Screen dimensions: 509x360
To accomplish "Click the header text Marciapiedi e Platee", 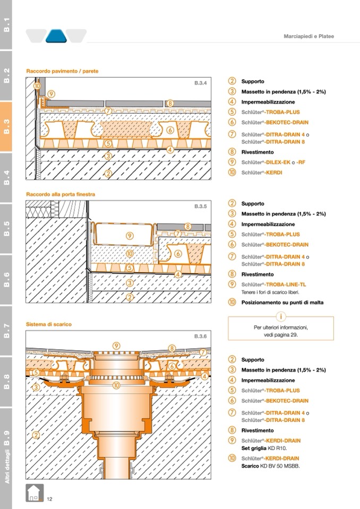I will [x=308, y=36].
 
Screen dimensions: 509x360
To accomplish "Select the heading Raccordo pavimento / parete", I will [x=62, y=71].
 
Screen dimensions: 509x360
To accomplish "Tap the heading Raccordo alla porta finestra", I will [x=61, y=195].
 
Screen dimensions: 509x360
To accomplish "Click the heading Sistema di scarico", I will [x=49, y=324].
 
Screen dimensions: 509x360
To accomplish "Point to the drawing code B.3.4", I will [x=200, y=83].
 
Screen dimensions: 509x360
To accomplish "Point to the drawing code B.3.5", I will [x=200, y=205].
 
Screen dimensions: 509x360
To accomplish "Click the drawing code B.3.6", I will [x=200, y=337].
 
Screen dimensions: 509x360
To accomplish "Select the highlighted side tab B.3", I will [x=6, y=127].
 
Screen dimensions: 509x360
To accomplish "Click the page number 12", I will [x=49, y=498].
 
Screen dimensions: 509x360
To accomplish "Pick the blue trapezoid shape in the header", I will [x=56, y=36].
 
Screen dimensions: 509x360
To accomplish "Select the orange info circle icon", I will [x=281, y=317].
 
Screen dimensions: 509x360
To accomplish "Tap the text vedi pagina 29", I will [x=281, y=335].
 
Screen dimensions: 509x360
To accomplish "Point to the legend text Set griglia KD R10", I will [x=264, y=448].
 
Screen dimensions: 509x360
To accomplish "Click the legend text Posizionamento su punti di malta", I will [x=282, y=303].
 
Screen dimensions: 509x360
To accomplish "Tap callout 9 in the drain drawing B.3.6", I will [x=116, y=346].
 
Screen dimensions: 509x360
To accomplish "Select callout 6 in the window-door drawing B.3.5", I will [x=178, y=254].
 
